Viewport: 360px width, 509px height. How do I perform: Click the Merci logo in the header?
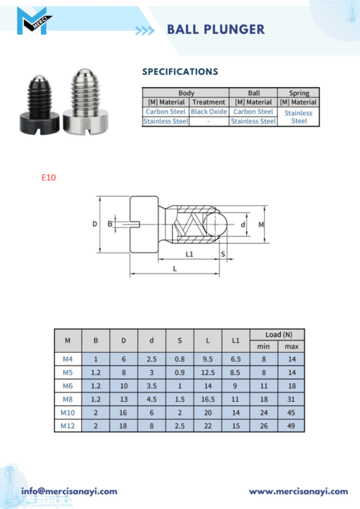[x=34, y=21]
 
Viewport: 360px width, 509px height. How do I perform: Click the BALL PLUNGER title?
[x=216, y=30]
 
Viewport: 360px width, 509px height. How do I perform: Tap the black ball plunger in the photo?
[x=40, y=105]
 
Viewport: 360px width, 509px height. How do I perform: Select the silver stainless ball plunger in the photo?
[x=84, y=102]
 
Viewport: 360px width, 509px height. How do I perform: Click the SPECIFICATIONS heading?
[x=180, y=72]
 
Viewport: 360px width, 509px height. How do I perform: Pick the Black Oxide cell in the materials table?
[x=209, y=112]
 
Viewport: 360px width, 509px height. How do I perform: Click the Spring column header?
[x=299, y=93]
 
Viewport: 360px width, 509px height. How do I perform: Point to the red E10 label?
[x=49, y=178]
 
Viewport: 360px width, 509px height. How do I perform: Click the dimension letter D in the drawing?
[x=95, y=224]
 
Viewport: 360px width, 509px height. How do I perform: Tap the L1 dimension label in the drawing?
[x=189, y=254]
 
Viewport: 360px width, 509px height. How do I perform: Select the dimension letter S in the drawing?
[x=223, y=254]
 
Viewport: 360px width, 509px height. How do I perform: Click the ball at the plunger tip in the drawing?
[x=215, y=224]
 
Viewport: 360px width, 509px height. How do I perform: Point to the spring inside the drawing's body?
[x=189, y=224]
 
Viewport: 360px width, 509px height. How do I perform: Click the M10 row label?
[x=68, y=413]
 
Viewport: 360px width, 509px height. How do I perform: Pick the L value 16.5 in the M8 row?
[x=208, y=400]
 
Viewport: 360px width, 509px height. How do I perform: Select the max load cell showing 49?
[x=291, y=426]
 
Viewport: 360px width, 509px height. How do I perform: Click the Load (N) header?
[x=279, y=335]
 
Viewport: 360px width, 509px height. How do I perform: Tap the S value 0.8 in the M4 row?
[x=179, y=359]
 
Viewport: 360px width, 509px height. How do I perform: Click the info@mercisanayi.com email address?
[x=69, y=492]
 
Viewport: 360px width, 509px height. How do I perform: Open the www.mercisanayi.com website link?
[x=298, y=492]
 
